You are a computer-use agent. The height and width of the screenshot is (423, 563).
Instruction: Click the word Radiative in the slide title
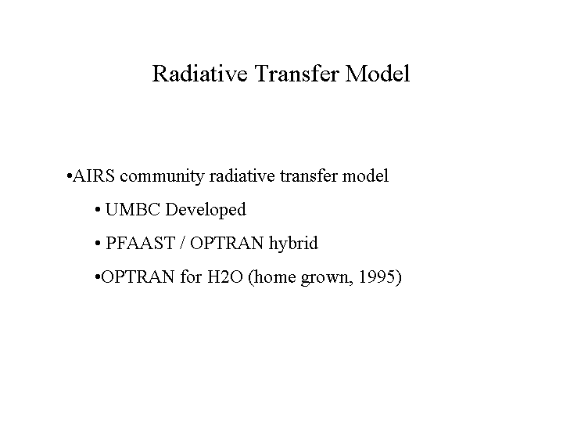[200, 74]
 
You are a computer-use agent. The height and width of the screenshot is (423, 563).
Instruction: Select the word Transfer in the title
[297, 74]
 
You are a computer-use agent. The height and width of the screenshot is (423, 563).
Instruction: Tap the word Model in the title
[378, 74]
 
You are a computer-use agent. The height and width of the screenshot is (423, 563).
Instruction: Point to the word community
[162, 177]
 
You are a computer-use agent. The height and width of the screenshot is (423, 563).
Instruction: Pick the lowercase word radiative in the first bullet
[242, 176]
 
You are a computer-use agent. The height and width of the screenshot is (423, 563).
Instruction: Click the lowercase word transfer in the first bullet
[309, 176]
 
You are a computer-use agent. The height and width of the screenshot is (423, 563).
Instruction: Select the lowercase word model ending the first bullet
[365, 176]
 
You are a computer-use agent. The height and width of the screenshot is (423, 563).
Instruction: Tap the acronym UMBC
[132, 209]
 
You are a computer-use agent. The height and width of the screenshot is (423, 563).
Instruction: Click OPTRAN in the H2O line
[138, 277]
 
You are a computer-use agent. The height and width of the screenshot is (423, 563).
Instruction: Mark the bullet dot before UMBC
[98, 210]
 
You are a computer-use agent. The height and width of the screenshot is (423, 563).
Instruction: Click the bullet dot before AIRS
[70, 176]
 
